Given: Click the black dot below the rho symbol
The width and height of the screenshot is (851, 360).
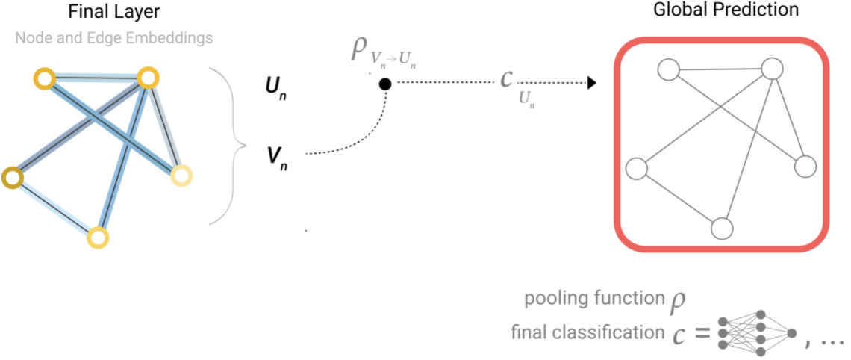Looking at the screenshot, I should (384, 84).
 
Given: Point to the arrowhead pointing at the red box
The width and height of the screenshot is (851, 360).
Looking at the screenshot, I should (590, 84).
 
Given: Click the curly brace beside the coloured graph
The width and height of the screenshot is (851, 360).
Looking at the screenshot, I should (228, 146).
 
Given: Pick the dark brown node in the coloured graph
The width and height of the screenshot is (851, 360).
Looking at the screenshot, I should (12, 178).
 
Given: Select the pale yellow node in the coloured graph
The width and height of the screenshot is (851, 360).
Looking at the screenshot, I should (181, 176).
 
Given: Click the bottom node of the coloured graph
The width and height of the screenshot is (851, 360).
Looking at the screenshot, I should (98, 238).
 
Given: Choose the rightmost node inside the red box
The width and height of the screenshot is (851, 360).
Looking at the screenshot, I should (805, 167).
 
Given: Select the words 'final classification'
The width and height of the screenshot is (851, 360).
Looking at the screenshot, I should (584, 332).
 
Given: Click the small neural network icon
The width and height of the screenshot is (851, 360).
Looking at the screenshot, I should (757, 332).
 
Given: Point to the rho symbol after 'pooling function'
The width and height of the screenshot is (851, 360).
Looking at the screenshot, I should (676, 300).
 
